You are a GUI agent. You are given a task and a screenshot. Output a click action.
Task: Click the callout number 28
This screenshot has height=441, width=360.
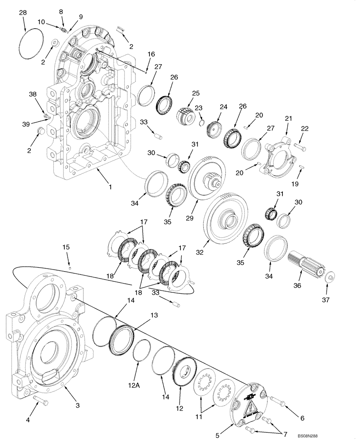click(x=22, y=14)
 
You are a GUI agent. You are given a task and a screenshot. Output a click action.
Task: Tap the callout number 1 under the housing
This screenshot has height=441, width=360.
click(x=110, y=187)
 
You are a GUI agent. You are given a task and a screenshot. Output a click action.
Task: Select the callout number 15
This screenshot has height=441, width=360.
click(x=66, y=247)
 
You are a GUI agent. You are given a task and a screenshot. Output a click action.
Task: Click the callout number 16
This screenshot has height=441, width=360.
click(x=151, y=54)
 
